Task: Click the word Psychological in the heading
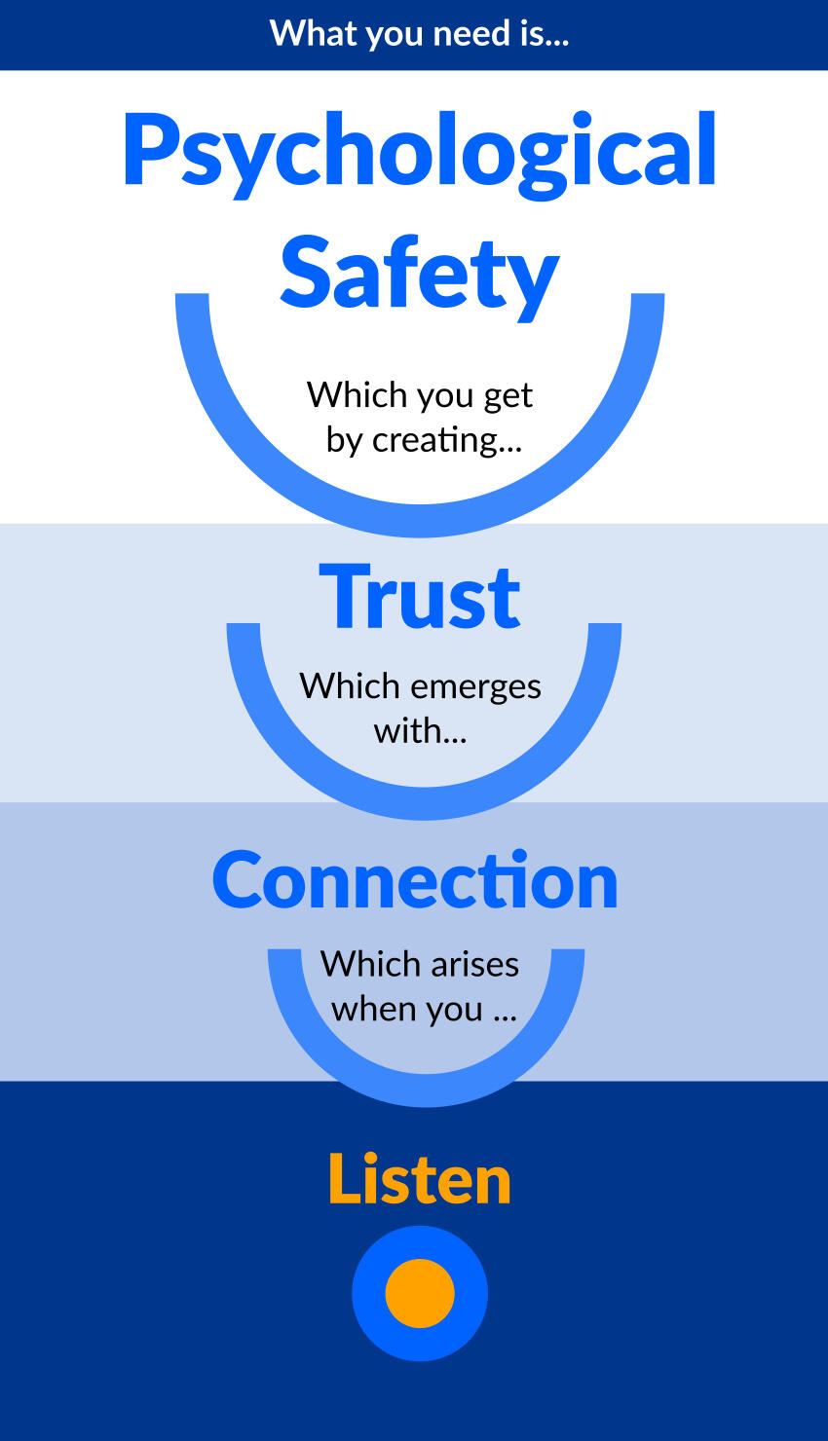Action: point(419,151)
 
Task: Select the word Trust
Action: point(420,597)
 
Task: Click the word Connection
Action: point(415,880)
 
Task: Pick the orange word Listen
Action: point(419,1179)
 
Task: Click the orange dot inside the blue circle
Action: point(420,1293)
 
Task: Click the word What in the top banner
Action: point(300,34)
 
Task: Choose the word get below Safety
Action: point(508,396)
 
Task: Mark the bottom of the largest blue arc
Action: point(420,520)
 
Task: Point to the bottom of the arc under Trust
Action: point(424,803)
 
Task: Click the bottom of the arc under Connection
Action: point(426,1090)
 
